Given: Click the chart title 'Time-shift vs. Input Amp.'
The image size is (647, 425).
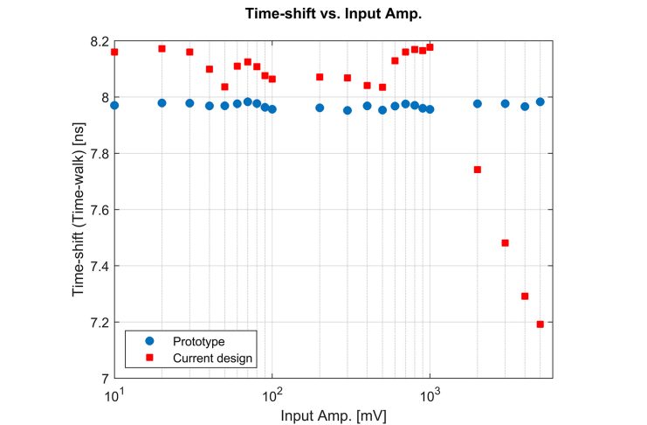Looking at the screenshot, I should coord(333,15).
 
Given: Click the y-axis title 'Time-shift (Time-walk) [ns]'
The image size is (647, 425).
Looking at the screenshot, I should coord(79,210).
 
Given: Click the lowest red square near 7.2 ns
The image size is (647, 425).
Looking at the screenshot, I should coord(540,324).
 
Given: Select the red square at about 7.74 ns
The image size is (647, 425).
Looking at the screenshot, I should coord(478,170).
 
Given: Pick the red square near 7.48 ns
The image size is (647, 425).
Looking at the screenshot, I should coord(506,243).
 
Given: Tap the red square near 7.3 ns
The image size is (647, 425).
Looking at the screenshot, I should coord(525,296).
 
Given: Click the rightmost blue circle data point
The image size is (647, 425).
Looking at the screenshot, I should coord(540,101).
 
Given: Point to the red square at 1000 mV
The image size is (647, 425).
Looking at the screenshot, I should coord(430,46).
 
